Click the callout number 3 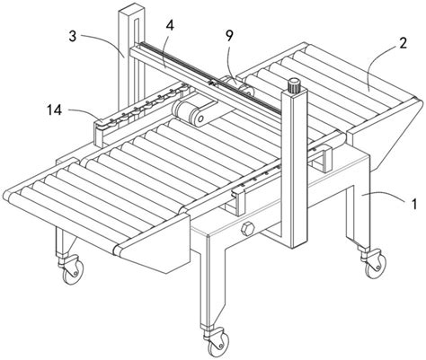click(x=73, y=37)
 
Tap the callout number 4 click(x=170, y=26)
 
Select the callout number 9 click(x=229, y=36)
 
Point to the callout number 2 click(x=403, y=43)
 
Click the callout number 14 click(x=54, y=110)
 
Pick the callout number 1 click(x=413, y=205)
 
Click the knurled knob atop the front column click(x=294, y=85)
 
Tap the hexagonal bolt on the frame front click(x=247, y=230)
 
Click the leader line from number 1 click(x=384, y=197)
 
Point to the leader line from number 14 click(x=83, y=115)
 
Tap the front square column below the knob click(x=294, y=168)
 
